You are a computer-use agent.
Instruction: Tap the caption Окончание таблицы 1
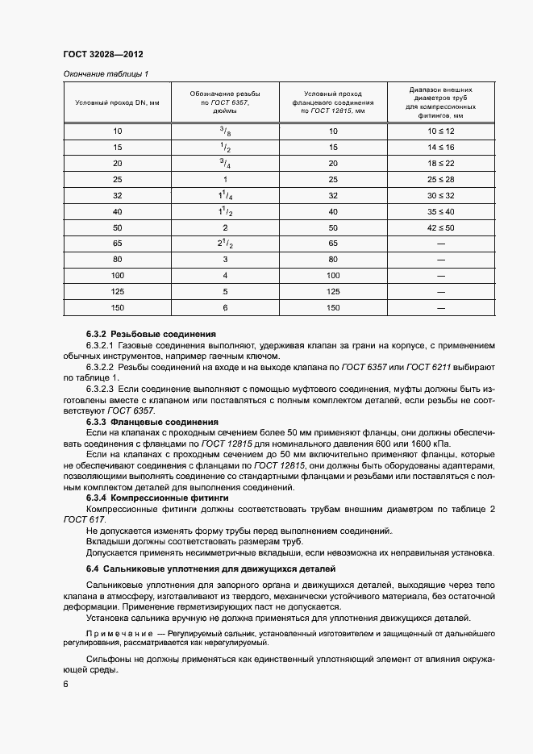coord(106,74)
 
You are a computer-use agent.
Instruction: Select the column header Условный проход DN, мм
coord(117,103)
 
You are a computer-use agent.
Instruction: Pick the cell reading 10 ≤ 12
coord(441,131)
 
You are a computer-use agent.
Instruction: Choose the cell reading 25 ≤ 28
coord(441,179)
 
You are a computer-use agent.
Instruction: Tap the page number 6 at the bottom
coord(65,685)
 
